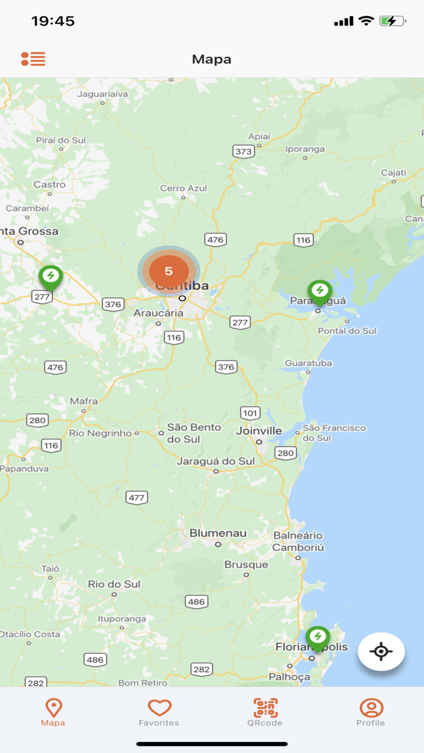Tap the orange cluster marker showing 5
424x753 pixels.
coord(168,271)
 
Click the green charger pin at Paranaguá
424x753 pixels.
coord(319,291)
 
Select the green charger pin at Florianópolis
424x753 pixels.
coord(317,637)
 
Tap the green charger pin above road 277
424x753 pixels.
coord(51,276)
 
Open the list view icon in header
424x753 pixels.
coord(33,59)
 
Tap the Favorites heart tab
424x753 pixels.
coord(159,712)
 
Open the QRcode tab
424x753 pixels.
coord(265,712)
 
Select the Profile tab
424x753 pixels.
coord(371,712)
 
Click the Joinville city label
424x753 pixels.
coord(259,431)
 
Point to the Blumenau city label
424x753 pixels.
coord(218,533)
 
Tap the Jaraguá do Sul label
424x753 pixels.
coord(216,461)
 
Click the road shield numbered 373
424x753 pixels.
coord(243,151)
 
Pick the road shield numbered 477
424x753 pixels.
coord(137,498)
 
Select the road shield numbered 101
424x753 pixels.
coord(250,413)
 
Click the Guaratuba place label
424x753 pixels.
coord(308,363)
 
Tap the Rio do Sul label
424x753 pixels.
coord(114,584)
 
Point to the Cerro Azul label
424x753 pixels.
coord(184,188)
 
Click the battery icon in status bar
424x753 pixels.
coord(392,21)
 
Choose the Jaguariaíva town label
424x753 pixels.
coord(103,94)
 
